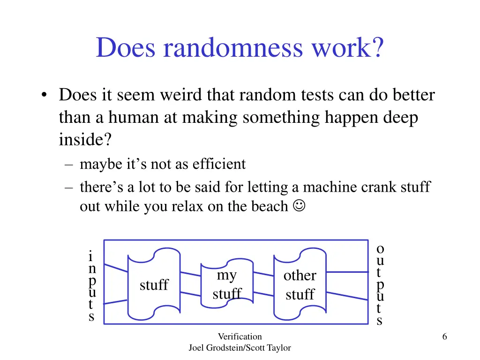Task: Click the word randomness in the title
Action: pos(232,48)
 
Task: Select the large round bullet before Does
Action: pos(44,96)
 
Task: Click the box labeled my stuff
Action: pos(227,285)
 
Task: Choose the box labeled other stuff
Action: pos(300,285)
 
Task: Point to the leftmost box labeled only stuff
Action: pos(154,285)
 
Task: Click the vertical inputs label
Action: pos(92,286)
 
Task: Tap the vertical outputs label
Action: pos(380,285)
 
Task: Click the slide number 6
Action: pos(444,336)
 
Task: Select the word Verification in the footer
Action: pos(240,336)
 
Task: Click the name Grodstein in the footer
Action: pos(222,348)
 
